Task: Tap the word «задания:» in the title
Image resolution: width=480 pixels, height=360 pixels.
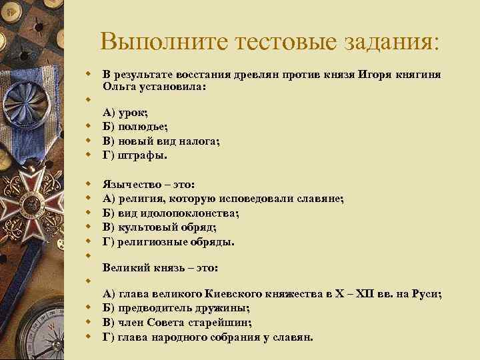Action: tap(395, 42)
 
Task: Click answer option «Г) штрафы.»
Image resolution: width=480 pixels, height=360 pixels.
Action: tap(135, 155)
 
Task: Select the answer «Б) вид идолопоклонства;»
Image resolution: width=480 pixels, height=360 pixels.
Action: tap(171, 213)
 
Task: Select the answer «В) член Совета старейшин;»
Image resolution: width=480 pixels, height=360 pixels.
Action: tap(177, 323)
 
